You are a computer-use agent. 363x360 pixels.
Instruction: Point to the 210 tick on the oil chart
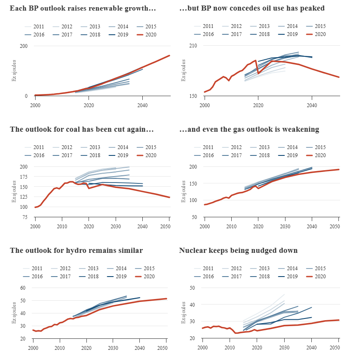[x=193, y=46]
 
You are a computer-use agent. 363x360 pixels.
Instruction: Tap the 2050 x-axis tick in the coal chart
[x=169, y=225]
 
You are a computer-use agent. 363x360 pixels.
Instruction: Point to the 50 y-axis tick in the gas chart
[x=194, y=217]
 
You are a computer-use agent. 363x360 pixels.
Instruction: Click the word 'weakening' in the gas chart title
[x=302, y=129]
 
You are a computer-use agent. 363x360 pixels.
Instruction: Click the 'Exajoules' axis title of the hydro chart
[x=14, y=313]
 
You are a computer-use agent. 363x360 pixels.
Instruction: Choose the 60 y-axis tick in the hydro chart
[x=23, y=288]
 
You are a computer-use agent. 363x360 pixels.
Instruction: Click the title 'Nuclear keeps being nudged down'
[x=238, y=250]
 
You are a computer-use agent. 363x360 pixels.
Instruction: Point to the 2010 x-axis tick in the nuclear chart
[x=229, y=347]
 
